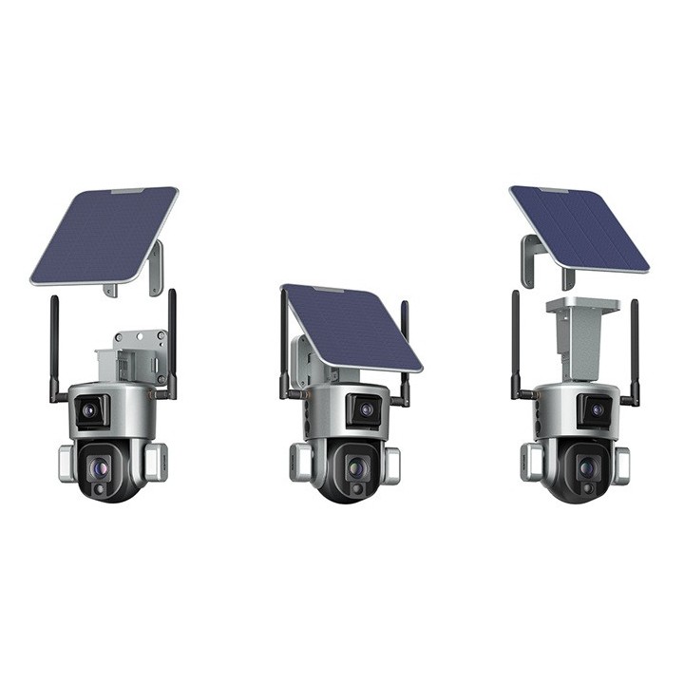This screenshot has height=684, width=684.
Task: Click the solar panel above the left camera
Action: pyautogui.click(x=104, y=235)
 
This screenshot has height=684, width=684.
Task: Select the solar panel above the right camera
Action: pyautogui.click(x=579, y=227)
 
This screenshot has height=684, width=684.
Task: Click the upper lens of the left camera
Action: pyautogui.click(x=90, y=410)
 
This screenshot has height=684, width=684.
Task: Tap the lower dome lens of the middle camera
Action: pyautogui.click(x=355, y=467)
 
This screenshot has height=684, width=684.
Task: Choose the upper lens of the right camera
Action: pyautogui.click(x=597, y=410)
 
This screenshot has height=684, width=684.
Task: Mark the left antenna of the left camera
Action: pyautogui.click(x=54, y=347)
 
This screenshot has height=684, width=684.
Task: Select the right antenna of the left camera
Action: pyautogui.click(x=172, y=342)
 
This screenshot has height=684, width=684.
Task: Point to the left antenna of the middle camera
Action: pyautogui.click(x=284, y=342)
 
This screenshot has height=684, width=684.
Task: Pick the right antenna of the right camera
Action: pyautogui.click(x=634, y=347)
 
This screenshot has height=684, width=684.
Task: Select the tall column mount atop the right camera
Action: pyautogui.click(x=581, y=337)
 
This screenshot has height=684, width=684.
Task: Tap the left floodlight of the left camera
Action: pyautogui.click(x=66, y=462)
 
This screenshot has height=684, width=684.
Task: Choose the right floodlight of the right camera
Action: pyautogui.click(x=621, y=465)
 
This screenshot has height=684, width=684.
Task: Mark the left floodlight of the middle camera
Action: pyautogui.click(x=301, y=463)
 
